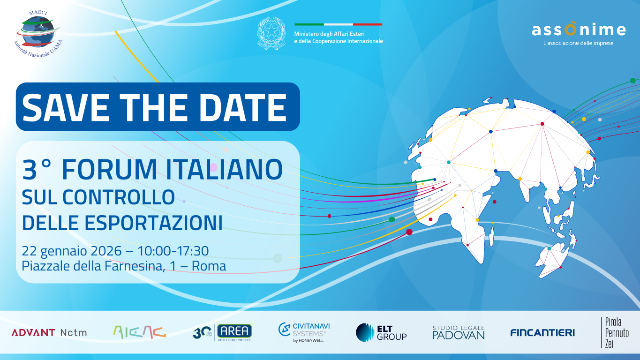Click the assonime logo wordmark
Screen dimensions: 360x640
(x=579, y=30)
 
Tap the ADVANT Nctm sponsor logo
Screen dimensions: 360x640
(x=49, y=333)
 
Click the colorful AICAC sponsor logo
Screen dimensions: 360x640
(x=139, y=332)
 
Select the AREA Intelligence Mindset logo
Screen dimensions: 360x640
(x=222, y=332)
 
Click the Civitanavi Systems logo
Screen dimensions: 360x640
(x=302, y=332)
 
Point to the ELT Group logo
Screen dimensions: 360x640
(x=381, y=332)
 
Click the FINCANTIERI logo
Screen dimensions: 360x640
(x=542, y=333)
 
